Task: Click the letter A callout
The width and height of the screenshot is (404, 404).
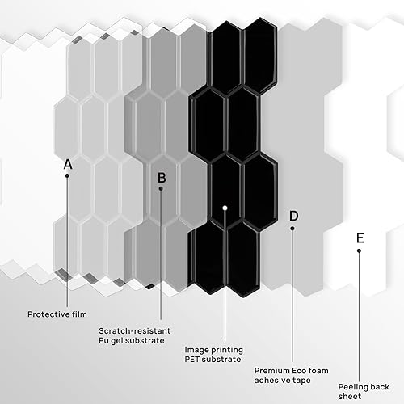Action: pyautogui.click(x=68, y=164)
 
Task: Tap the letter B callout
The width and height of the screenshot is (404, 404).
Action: pyautogui.click(x=162, y=178)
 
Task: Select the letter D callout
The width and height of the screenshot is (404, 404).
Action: pyautogui.click(x=293, y=216)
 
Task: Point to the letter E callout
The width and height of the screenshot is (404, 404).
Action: pyautogui.click(x=360, y=238)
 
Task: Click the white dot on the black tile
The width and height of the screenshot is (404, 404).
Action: pyautogui.click(x=225, y=208)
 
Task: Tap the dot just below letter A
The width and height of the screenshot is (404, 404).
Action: pyautogui.click(x=67, y=175)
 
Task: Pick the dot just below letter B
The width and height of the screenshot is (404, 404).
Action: pyautogui.click(x=161, y=188)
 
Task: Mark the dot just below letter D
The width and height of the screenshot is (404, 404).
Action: pyautogui.click(x=292, y=229)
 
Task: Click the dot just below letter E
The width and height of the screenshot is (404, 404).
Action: pyautogui.click(x=359, y=250)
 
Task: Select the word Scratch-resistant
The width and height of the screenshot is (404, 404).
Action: pyautogui.click(x=134, y=330)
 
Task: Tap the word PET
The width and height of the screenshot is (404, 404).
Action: pyautogui.click(x=191, y=359)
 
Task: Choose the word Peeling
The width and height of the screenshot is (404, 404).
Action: pyautogui.click(x=353, y=387)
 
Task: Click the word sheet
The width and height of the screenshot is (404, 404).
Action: pyautogui.click(x=350, y=396)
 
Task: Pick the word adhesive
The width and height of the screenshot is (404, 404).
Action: pyautogui.click(x=271, y=380)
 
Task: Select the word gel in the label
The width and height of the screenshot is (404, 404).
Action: pyautogui.click(x=116, y=340)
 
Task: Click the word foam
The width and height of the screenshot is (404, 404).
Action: pyautogui.click(x=318, y=371)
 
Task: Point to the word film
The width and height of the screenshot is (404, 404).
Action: pyautogui.click(x=79, y=314)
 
